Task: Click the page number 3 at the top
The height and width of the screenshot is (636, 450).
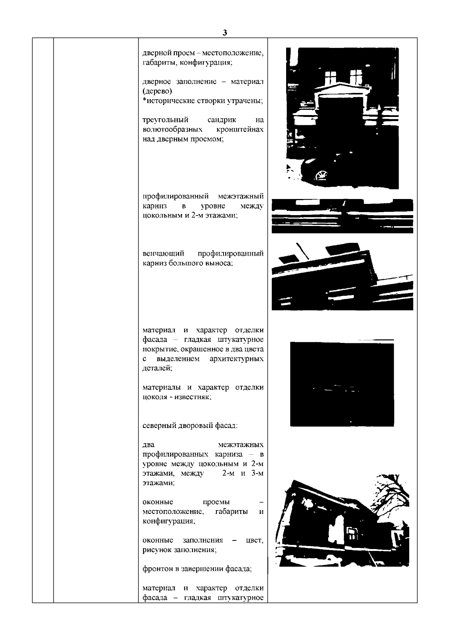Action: pos(224,33)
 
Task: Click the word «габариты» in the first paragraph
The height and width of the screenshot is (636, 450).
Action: pos(156,63)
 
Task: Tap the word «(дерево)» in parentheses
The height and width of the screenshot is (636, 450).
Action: pos(157,91)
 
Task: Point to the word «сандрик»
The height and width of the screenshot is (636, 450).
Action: pos(222,120)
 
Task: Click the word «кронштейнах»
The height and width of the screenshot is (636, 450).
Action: pos(240,129)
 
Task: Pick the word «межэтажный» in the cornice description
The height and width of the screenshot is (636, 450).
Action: pos(241,196)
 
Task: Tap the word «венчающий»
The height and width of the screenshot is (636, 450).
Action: pos(163,254)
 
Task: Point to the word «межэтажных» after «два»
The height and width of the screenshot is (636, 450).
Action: pos(241,444)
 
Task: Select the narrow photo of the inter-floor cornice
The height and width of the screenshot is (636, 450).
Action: pos(342,216)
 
